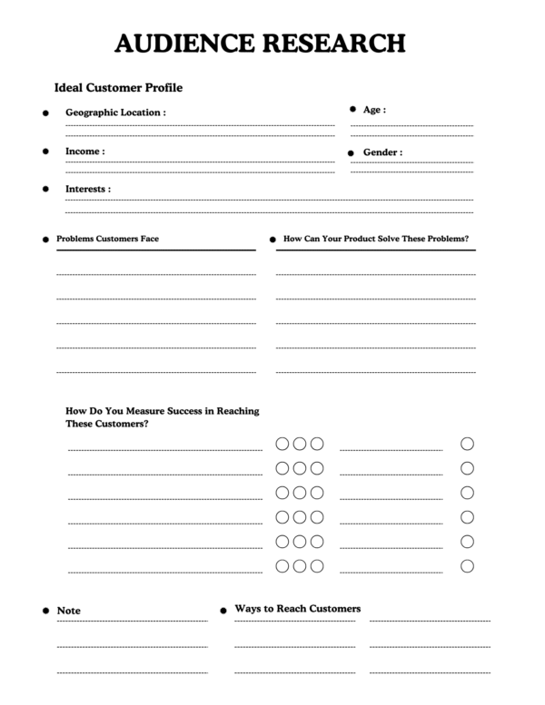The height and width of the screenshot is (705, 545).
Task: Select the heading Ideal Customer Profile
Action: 118,88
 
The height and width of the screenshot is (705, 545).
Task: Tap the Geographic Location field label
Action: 115,113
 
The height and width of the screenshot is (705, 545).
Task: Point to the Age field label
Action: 374,110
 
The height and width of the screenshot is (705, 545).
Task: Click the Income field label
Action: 84,151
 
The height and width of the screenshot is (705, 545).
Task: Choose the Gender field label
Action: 382,152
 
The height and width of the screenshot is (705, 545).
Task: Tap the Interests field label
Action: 88,189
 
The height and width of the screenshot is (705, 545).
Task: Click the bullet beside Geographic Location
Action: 45,113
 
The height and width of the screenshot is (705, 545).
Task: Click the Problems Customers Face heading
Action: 107,239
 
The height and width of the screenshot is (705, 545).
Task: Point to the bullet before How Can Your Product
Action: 272,240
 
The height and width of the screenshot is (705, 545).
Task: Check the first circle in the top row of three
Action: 282,444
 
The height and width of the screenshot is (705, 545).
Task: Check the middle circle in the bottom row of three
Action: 299,565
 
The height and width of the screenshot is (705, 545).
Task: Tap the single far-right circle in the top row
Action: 467,444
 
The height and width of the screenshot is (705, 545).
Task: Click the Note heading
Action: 69,611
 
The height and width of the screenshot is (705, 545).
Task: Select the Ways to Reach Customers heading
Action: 297,608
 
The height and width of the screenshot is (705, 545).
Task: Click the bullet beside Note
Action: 45,612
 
